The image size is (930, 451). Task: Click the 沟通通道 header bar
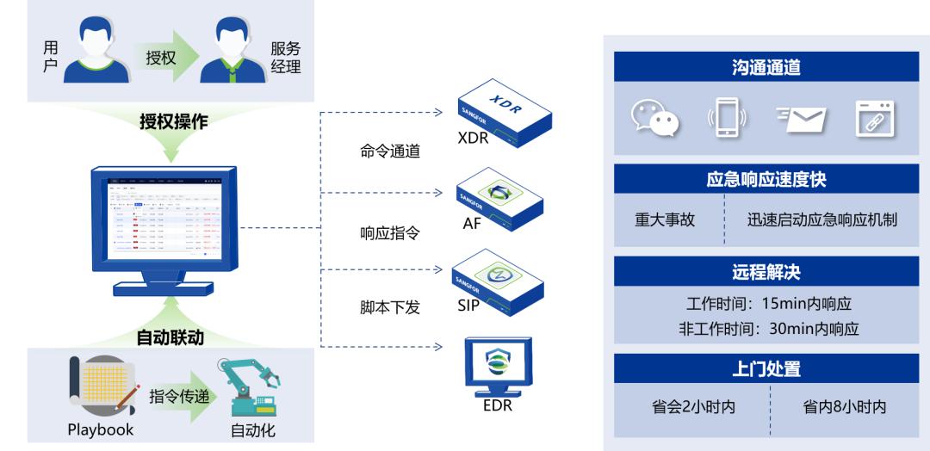(766, 66)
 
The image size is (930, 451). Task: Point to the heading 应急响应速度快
(766, 180)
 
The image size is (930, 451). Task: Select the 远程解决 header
(766, 273)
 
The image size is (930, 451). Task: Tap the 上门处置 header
(766, 368)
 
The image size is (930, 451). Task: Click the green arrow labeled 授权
(161, 58)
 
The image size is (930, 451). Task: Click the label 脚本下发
(390, 306)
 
